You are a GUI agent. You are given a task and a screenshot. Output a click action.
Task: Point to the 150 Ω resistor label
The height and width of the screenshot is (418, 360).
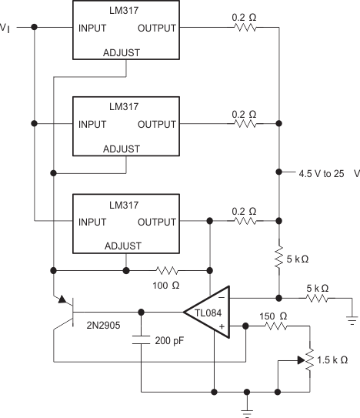272,316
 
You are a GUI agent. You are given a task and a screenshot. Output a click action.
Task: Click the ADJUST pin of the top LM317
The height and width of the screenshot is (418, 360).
126,53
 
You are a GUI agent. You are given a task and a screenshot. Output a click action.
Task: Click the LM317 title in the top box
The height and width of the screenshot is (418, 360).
126,9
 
